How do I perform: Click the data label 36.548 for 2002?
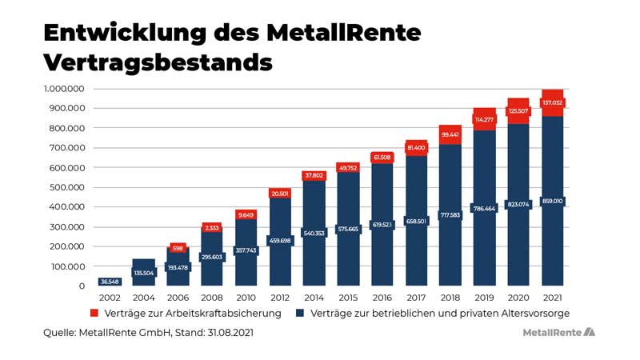click(109, 281)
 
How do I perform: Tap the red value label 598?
click(178, 248)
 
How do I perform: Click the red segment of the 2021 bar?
click(552, 103)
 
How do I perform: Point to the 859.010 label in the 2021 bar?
click(552, 202)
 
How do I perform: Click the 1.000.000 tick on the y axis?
click(62, 89)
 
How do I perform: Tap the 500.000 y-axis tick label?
click(66, 187)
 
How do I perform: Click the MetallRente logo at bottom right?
click(558, 331)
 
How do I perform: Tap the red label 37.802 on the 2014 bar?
click(314, 176)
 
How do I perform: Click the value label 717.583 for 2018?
click(450, 215)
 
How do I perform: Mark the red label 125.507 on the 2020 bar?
click(518, 111)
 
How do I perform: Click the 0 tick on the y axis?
click(81, 286)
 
